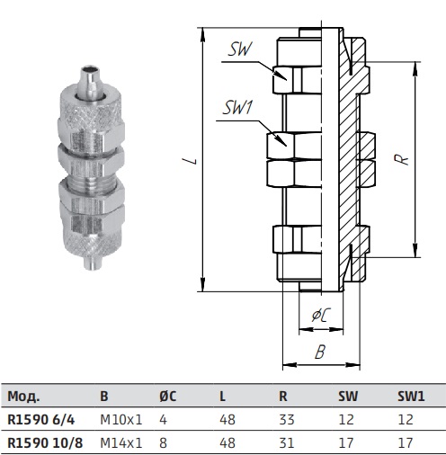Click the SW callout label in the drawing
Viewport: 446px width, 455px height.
tap(240, 49)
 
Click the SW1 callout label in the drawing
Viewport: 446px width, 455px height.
tap(237, 108)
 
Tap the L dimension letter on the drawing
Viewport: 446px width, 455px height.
tap(194, 161)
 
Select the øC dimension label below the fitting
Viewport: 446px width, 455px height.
tap(321, 315)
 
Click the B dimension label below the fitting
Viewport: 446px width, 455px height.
tap(320, 352)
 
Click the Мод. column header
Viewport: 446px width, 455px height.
tap(23, 397)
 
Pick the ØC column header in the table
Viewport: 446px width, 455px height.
tap(168, 397)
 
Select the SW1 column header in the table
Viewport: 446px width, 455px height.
tap(411, 397)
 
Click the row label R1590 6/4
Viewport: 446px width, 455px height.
tap(41, 420)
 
